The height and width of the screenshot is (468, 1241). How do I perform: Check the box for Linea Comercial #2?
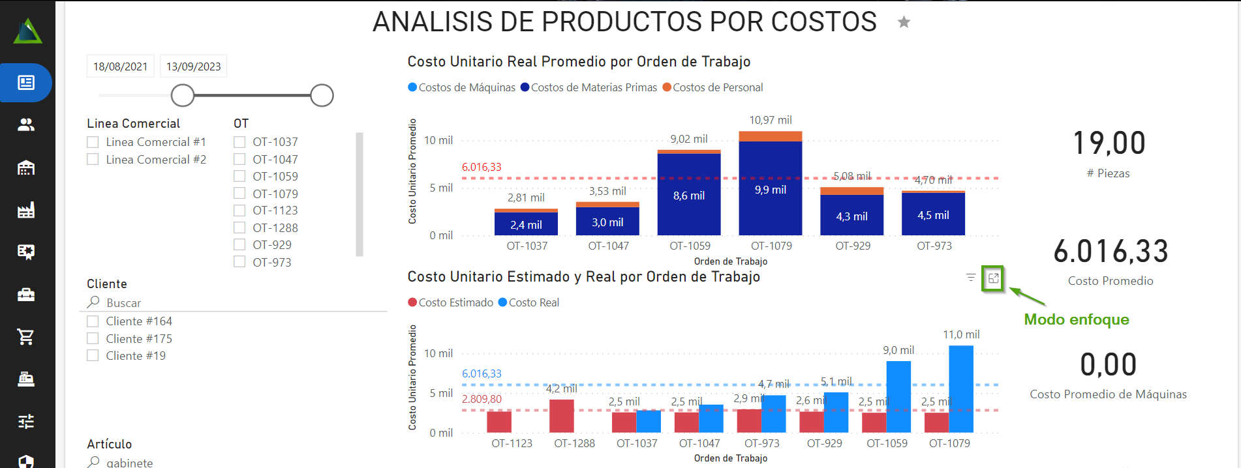[x=93, y=160]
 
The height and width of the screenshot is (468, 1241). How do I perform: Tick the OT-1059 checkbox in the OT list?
[x=239, y=177]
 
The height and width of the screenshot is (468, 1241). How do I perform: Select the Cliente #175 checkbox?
[x=93, y=339]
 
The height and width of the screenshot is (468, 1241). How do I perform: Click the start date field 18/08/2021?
[x=120, y=66]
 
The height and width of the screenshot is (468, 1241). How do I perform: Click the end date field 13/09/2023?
[x=193, y=66]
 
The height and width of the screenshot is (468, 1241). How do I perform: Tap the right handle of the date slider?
[x=322, y=96]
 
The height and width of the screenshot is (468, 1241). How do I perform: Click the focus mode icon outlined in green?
[x=993, y=278]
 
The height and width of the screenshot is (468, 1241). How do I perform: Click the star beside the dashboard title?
[x=904, y=23]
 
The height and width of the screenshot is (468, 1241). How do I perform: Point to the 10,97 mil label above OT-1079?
[x=770, y=121]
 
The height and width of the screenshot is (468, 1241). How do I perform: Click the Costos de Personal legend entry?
[x=712, y=88]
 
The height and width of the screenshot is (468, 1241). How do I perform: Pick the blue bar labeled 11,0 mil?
[x=961, y=388]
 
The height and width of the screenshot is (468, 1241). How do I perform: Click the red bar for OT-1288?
[x=561, y=417]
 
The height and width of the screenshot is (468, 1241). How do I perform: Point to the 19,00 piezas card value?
[x=1109, y=143]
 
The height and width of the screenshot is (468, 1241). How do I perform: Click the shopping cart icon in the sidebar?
[x=26, y=337]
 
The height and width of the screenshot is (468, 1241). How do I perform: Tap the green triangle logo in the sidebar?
[x=27, y=31]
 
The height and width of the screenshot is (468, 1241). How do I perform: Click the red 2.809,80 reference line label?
[x=482, y=399]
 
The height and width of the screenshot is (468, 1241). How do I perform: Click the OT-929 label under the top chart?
[x=853, y=246]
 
